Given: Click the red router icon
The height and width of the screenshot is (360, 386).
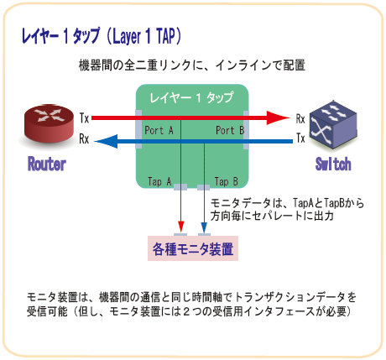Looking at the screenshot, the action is coord(49,124).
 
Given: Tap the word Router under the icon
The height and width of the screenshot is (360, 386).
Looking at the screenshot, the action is coord(47,164).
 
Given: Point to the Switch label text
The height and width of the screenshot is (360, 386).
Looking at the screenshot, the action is coord(333,164).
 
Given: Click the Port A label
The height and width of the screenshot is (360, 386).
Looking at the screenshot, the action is coord(159,130).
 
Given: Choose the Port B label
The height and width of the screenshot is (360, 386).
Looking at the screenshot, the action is coord(230,130).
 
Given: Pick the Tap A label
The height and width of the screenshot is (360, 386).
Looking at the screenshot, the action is coord(159,181).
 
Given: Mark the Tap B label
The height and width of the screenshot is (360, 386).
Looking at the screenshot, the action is coord(227,181).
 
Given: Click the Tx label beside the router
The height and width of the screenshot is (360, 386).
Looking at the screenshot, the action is coord(84,117).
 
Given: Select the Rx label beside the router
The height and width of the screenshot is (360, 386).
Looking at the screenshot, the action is coord(84,138).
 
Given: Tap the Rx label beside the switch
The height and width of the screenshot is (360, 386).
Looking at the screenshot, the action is coord(300,119).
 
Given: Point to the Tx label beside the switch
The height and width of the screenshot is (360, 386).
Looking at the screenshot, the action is coord(300,138).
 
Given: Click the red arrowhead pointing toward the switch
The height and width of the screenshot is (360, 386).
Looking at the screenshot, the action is coord(278,117).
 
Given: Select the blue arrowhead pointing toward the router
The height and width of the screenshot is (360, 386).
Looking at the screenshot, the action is coord(106,141).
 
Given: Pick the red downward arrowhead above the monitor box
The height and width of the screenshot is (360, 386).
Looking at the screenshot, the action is coord(181,226).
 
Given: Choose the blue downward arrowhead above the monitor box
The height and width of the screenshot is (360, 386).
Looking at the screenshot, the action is coord(204,227).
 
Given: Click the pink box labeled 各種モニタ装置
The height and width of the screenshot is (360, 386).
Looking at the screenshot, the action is coord(193,248).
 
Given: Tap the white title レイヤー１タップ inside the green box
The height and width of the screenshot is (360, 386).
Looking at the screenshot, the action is coord(191,97).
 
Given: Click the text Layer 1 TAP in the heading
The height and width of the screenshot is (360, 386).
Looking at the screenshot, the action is coord(144,36).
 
